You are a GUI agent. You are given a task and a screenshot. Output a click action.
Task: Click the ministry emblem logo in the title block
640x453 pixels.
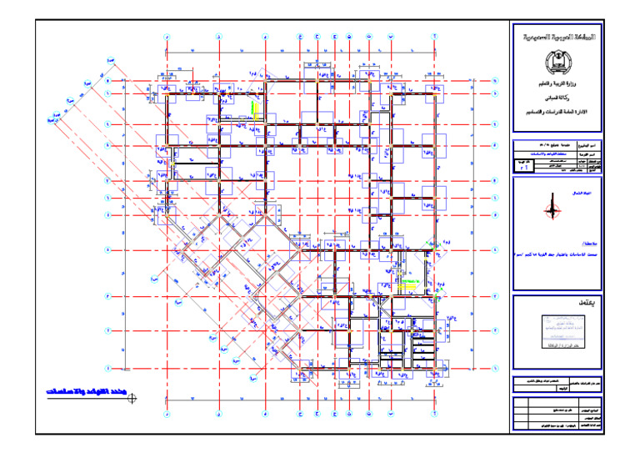(553, 63)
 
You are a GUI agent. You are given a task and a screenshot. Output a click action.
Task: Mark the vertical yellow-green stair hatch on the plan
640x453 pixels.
(253, 110)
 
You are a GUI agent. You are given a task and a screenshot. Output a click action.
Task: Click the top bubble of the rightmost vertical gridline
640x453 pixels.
(435, 38)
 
